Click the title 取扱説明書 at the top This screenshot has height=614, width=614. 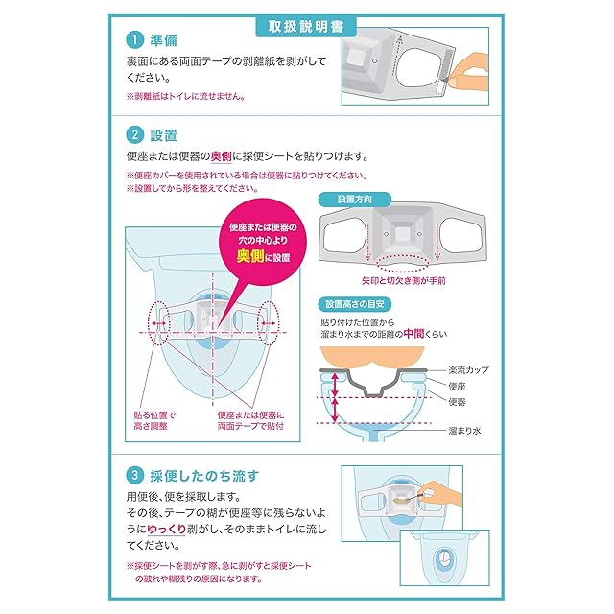306,26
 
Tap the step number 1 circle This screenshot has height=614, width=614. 135,41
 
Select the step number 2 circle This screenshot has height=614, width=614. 135,134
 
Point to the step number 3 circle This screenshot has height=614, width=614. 135,474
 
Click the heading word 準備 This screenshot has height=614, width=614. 164,41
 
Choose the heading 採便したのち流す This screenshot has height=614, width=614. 204,474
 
